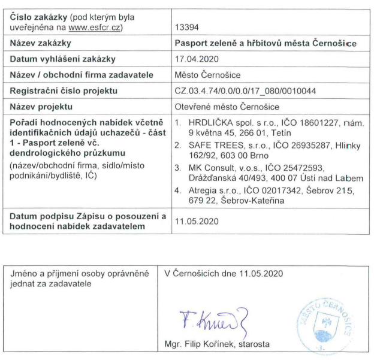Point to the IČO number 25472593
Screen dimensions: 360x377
pos(281,168)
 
